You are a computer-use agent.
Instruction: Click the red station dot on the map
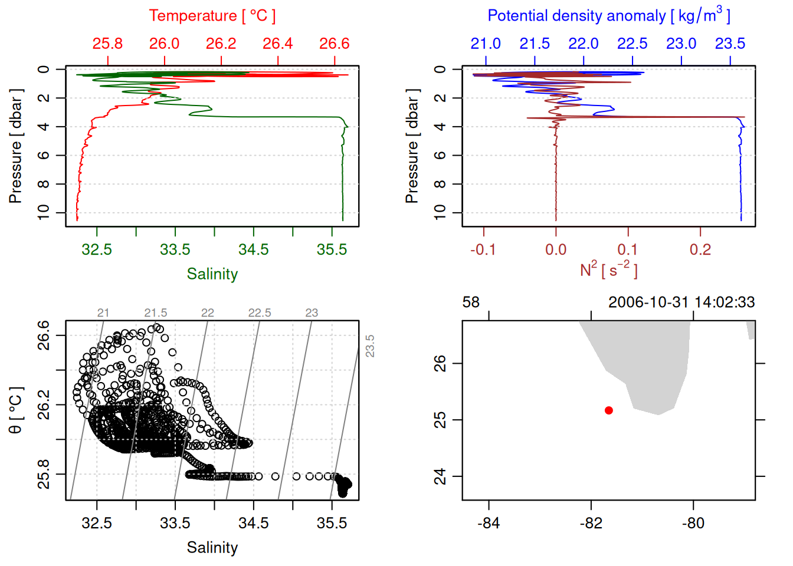pyautogui.click(x=609, y=410)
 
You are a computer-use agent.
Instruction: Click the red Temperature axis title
pyautogui.click(x=212, y=16)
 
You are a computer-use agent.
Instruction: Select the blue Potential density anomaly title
pyautogui.click(x=608, y=16)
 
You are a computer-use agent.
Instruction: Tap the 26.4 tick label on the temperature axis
pyautogui.click(x=278, y=44)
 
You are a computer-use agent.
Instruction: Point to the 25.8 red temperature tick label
pyautogui.click(x=107, y=44)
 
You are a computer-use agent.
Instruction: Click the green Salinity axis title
pyautogui.click(x=212, y=274)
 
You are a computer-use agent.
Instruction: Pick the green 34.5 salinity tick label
pyautogui.click(x=253, y=249)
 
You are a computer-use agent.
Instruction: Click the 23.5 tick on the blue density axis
pyautogui.click(x=730, y=44)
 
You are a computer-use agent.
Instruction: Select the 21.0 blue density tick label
pyautogui.click(x=485, y=44)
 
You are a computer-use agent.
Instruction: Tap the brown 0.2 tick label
pyautogui.click(x=700, y=249)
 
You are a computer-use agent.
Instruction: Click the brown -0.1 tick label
pyautogui.click(x=483, y=249)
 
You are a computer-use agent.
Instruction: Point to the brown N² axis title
pyautogui.click(x=608, y=270)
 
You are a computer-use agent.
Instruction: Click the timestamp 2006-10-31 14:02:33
pyautogui.click(x=681, y=302)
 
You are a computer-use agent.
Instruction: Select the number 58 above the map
pyautogui.click(x=471, y=302)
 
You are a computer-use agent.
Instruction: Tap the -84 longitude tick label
pyautogui.click(x=489, y=523)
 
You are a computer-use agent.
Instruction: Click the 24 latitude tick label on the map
pyautogui.click(x=440, y=476)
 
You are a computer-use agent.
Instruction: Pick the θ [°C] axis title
pyautogui.click(x=15, y=410)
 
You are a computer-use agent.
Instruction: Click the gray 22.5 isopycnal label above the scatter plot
pyautogui.click(x=260, y=313)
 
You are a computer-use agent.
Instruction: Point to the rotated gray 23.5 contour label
pyautogui.click(x=370, y=346)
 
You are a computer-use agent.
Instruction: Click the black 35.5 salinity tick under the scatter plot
pyautogui.click(x=332, y=523)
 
